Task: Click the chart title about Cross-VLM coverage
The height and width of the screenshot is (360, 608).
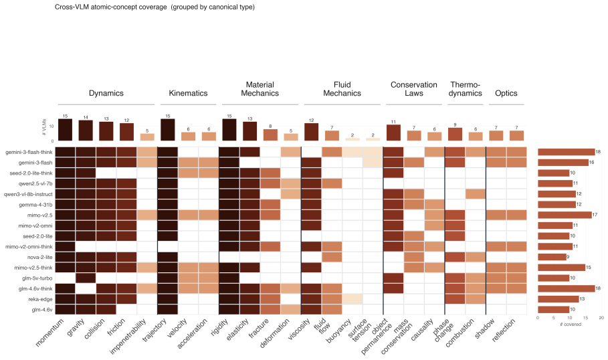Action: [x=155, y=7]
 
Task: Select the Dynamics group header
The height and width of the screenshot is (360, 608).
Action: [x=106, y=93]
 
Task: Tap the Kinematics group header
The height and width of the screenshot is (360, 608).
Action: [x=188, y=93]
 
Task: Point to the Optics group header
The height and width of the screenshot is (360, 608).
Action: [x=506, y=93]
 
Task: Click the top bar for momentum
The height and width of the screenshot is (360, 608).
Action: [x=65, y=130]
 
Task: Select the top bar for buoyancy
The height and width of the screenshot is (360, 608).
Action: [x=352, y=139]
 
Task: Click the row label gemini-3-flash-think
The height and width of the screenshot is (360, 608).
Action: [x=29, y=152]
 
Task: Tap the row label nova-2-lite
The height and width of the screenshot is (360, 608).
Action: [x=39, y=257]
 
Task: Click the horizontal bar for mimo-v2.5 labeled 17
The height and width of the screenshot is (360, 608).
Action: [x=565, y=215]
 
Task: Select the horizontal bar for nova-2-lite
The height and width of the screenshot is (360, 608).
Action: [x=552, y=257]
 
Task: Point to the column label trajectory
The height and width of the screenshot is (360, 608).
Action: [x=155, y=330]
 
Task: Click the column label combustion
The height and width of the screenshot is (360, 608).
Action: [x=460, y=333]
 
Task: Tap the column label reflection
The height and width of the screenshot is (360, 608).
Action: [x=504, y=330]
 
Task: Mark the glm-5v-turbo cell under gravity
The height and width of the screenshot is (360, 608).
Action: [x=86, y=278]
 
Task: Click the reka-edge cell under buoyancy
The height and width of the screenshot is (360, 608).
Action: [x=352, y=299]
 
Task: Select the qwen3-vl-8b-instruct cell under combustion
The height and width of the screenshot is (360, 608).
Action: [x=476, y=194]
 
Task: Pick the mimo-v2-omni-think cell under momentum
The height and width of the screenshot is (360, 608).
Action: [x=65, y=246]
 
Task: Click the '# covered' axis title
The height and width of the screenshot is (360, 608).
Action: [x=571, y=325]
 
